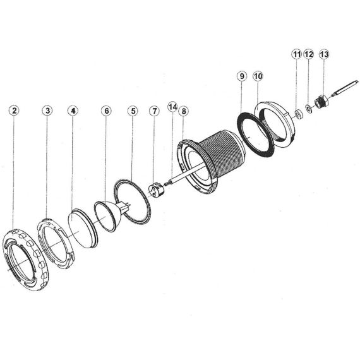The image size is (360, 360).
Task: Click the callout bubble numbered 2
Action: click(x=15, y=111)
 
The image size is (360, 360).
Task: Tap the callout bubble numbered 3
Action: click(x=47, y=111)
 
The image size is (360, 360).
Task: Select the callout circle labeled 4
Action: click(x=73, y=111)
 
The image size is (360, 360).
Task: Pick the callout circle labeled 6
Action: click(x=106, y=111)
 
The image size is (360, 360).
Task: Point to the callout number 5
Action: click(x=133, y=111)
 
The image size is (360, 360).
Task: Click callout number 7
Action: click(x=154, y=111)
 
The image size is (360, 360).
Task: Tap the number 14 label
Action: click(x=172, y=107)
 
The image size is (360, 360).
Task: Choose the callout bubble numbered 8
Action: click(x=184, y=111)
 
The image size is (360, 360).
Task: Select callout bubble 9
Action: click(x=242, y=76)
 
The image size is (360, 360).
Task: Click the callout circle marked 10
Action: click(x=258, y=76)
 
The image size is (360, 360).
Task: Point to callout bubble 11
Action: click(x=297, y=54)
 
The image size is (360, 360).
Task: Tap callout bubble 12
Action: click(x=308, y=54)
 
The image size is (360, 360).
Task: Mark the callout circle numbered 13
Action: click(x=324, y=54)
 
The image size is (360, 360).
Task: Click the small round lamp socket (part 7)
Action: click(x=156, y=190)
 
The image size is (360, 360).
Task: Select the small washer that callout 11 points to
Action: click(x=299, y=114)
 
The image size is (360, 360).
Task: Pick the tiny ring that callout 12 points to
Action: click(x=309, y=109)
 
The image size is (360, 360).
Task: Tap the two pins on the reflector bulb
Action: click(x=127, y=205)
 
